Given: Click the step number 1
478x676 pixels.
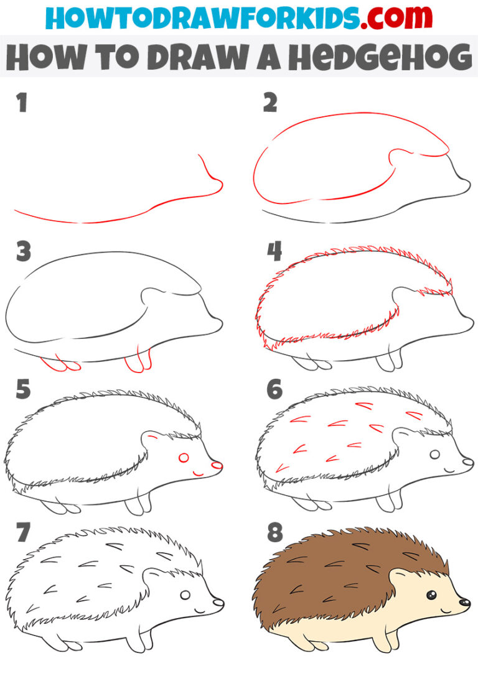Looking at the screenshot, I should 22,103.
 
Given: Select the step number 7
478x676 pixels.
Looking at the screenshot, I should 24,533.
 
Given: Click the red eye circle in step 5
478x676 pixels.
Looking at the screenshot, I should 184,458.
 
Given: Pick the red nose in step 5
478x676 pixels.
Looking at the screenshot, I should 216,465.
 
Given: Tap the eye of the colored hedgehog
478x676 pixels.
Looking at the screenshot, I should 432,596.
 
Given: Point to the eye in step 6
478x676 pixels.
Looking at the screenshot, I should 434,455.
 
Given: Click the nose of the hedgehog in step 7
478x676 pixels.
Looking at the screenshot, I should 217,602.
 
